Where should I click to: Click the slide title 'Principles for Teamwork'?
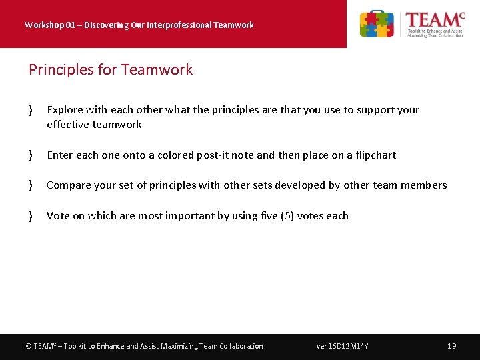tap(111, 70)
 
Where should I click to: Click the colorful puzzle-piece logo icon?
tap(377, 25)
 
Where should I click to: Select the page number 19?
tap(451, 346)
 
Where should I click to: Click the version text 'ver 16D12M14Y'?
tap(342, 346)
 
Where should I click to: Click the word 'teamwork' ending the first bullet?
tap(117, 125)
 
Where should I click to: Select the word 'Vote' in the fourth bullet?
tap(58, 216)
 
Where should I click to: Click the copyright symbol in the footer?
tap(28, 346)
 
